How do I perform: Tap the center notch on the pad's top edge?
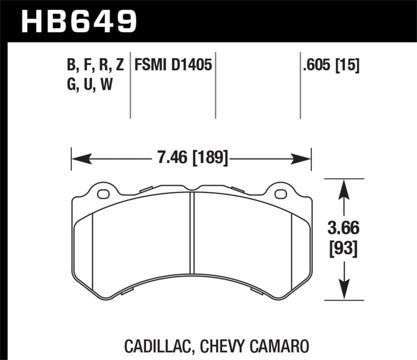192,189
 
